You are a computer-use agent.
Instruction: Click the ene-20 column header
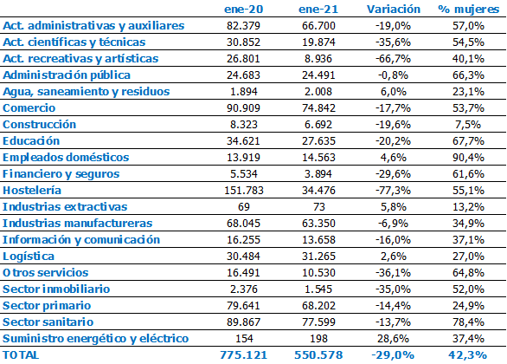point(243,10)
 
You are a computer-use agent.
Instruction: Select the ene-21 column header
point(318,10)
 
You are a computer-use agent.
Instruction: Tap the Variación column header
point(394,9)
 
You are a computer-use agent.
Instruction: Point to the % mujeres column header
point(469,10)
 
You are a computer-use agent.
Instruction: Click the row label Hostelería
point(32,190)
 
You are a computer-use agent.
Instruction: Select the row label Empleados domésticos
point(66,158)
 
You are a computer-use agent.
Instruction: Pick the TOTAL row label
point(21,355)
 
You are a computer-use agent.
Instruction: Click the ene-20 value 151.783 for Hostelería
point(244,190)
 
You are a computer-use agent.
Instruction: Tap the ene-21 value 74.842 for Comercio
point(318,107)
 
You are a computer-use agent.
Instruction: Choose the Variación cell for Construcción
point(393,124)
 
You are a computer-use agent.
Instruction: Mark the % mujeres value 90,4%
point(469,158)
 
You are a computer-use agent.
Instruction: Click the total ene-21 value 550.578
point(318,355)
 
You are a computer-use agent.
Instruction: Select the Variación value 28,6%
point(393,338)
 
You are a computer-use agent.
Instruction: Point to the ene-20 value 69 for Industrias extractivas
point(244,206)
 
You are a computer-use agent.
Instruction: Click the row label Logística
point(29,257)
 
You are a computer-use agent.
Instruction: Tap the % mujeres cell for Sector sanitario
point(469,322)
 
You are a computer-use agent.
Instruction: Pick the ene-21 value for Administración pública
point(318,75)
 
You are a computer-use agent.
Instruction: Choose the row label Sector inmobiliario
point(56,289)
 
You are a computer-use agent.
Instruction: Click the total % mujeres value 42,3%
point(468,355)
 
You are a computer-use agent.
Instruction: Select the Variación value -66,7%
point(393,59)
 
